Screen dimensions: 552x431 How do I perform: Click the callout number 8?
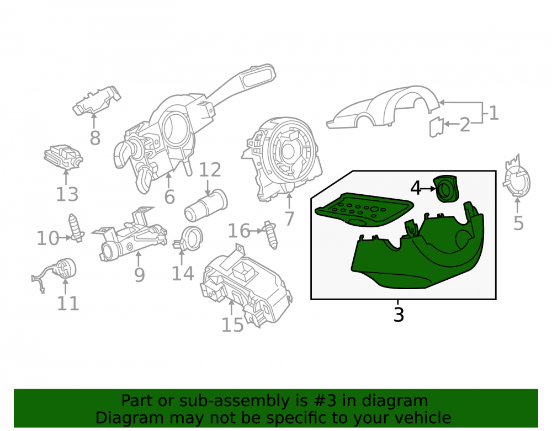coord(95,138)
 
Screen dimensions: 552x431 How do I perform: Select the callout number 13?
coord(67,194)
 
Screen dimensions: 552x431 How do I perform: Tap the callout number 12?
coord(210,170)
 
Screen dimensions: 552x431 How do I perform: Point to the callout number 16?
coord(239,231)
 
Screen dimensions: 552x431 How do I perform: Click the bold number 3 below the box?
coord(399,314)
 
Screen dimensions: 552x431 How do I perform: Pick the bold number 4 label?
coord(416,188)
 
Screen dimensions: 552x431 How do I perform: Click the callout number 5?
coord(518,223)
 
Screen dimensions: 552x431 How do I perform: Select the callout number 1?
coord(494,113)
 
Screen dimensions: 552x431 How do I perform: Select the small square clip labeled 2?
coord(436,126)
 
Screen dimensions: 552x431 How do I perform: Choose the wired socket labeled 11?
coord(56,274)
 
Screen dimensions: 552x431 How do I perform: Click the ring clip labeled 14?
coord(188,238)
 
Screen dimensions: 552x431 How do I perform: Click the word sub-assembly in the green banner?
coord(238,401)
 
